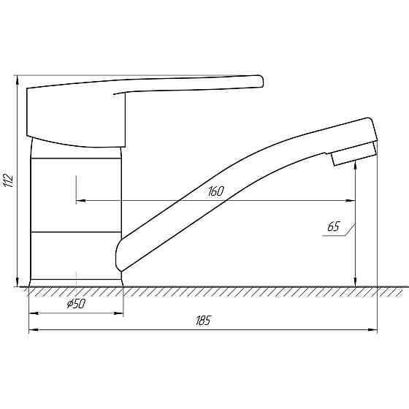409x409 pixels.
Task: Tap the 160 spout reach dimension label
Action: pos(215,191)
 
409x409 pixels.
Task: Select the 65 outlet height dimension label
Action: pos(333,226)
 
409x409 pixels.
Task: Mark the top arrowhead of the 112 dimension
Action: pos(17,78)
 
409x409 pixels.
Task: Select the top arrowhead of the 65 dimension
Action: pos(355,161)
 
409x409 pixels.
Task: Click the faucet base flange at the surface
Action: pos(76,281)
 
